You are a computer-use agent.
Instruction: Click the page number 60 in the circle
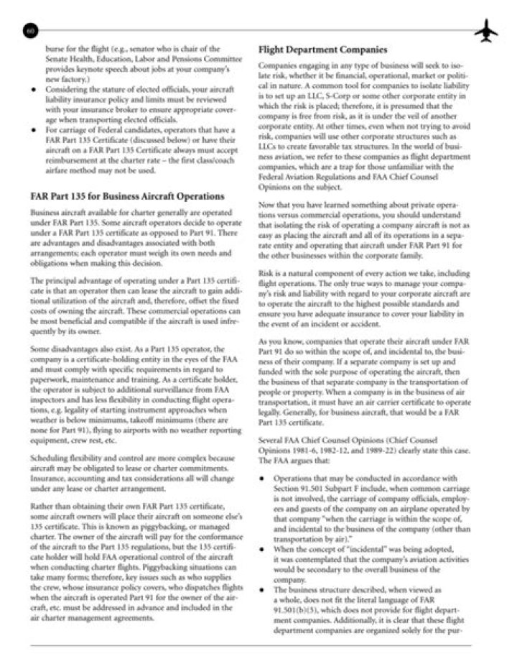[29, 31]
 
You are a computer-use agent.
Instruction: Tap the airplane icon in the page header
[486, 30]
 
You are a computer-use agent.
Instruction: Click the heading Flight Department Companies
[323, 50]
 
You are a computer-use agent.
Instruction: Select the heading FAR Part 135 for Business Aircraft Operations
[127, 196]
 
